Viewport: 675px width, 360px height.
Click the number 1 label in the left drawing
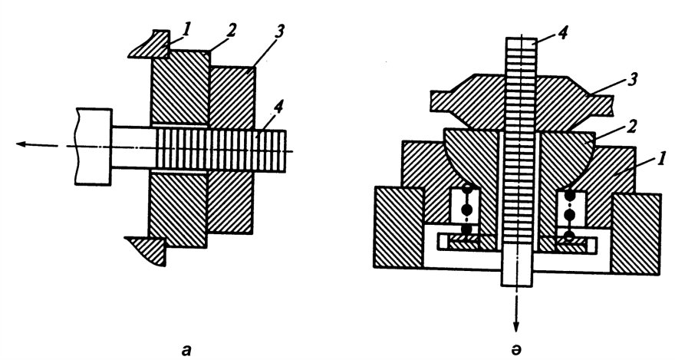[186, 29]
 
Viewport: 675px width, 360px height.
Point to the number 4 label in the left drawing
[278, 107]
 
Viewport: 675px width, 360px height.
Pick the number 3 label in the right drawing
[632, 80]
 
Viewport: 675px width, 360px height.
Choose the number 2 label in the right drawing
[631, 127]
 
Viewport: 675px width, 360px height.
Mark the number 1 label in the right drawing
[662, 157]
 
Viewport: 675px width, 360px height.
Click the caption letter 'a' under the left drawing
[186, 350]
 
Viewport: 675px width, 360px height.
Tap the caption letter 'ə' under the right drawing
[516, 350]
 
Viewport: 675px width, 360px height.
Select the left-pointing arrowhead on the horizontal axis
[21, 144]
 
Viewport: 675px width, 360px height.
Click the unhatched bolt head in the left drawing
[94, 147]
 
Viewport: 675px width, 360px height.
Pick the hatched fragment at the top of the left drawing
[149, 44]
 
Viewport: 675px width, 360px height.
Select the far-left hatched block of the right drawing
[399, 227]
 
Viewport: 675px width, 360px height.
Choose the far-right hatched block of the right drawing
[635, 233]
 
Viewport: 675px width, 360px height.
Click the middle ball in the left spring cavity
[466, 210]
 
